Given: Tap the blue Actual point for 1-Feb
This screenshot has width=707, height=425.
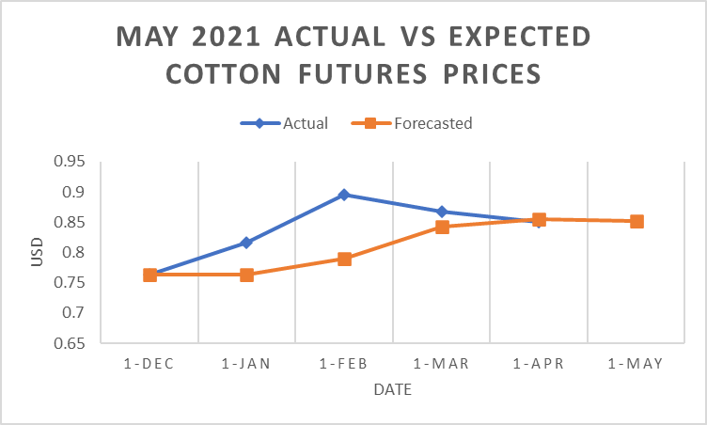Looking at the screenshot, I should [344, 195].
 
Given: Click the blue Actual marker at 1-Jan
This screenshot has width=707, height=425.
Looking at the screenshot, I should [246, 243].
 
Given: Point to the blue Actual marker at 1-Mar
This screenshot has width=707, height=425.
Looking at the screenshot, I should [442, 212].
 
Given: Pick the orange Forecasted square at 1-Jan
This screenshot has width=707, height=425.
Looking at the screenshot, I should [246, 275].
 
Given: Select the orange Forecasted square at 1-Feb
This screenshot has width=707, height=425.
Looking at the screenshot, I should [344, 259].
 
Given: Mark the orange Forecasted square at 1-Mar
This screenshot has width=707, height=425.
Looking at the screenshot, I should [442, 227].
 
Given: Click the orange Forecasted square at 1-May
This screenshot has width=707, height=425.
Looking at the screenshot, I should [636, 222].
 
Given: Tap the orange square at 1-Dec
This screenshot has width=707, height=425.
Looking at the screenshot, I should [149, 275].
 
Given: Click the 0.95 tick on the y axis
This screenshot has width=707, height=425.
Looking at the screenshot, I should [70, 162].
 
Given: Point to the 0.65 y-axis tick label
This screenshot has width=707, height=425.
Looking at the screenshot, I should [70, 343].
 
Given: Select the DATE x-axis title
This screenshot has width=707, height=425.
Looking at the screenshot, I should [392, 389].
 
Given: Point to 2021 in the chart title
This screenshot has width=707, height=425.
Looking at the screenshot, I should [228, 38].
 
